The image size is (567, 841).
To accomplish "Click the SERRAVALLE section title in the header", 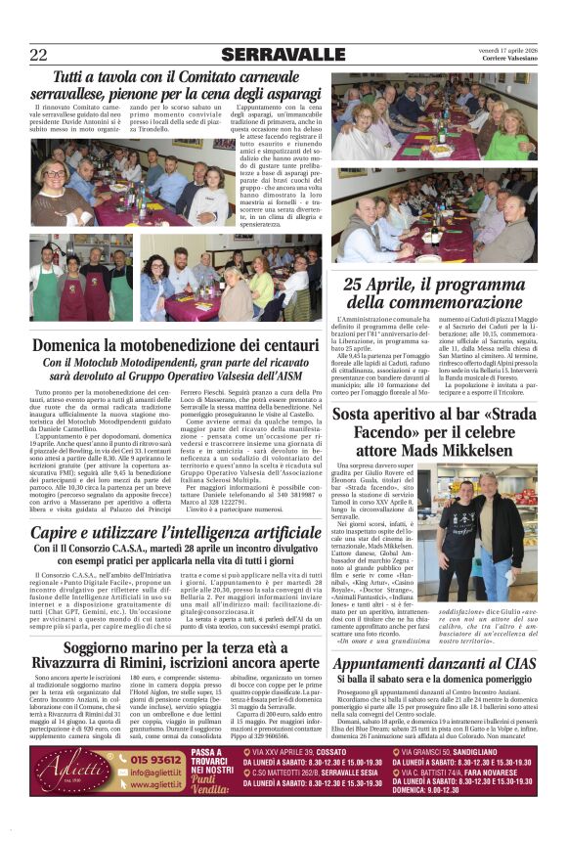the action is (x=283, y=54).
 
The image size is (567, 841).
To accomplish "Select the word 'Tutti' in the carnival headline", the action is (x=75, y=75).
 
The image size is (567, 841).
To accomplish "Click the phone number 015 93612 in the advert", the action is (x=154, y=760).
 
